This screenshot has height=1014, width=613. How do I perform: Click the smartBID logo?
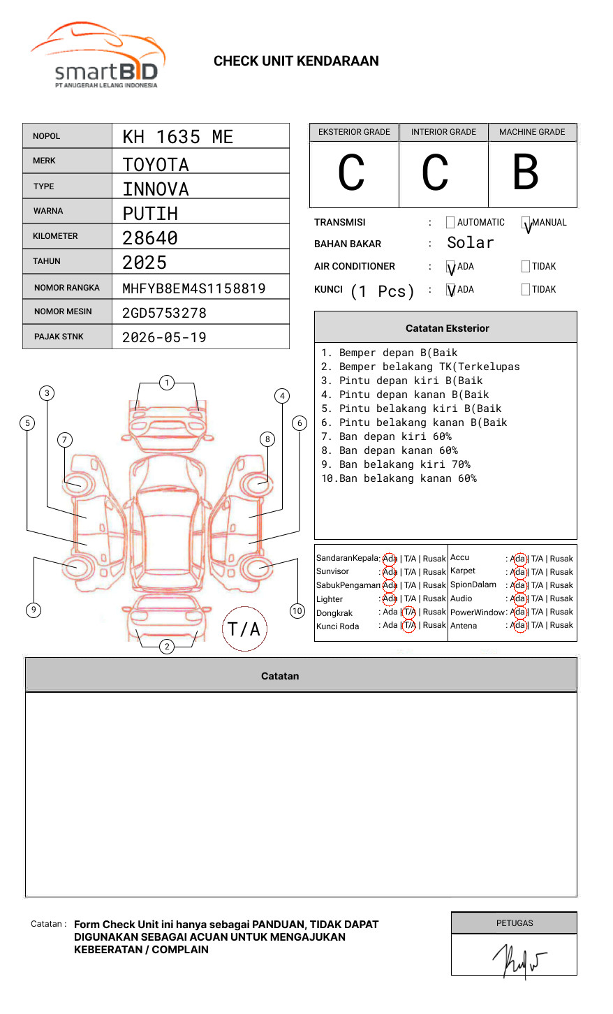click(98, 57)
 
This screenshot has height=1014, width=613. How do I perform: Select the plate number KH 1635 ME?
click(178, 137)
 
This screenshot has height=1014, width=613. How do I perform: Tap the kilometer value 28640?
click(150, 238)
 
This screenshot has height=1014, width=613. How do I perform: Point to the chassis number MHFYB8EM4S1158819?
click(194, 288)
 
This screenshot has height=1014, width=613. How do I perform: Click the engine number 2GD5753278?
click(164, 313)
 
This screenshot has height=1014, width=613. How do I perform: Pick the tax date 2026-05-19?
click(164, 337)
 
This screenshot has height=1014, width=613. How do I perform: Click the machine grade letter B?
click(526, 172)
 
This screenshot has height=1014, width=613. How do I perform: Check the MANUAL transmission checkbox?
click(526, 223)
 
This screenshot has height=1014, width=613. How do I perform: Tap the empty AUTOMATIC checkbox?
click(450, 223)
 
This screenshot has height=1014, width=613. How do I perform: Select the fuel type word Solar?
click(471, 243)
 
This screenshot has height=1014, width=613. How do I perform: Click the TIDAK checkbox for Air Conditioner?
click(526, 267)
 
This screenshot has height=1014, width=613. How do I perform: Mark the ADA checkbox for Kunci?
click(450, 290)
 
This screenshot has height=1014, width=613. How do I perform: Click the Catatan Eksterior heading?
click(447, 328)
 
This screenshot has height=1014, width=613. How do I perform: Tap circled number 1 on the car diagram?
click(166, 382)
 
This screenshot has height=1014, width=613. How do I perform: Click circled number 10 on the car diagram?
click(297, 611)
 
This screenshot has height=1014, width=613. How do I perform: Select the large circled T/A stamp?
click(244, 629)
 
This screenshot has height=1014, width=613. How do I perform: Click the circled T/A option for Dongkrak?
click(409, 612)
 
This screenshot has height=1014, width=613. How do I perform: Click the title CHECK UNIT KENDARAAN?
click(296, 61)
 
